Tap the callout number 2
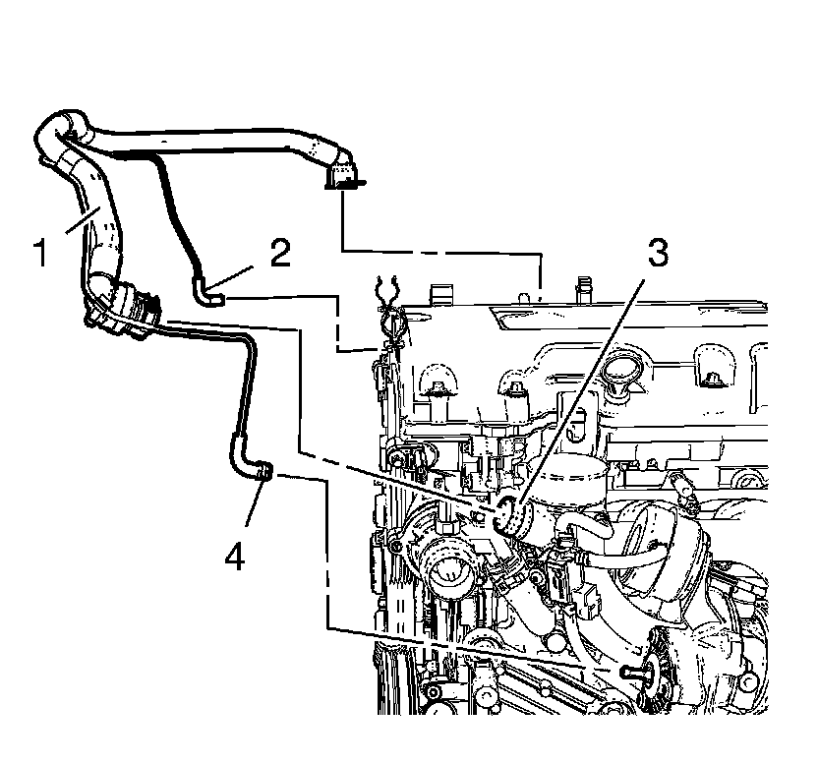pos(279,254)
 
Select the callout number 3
pos(656,253)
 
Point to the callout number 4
pos(233,556)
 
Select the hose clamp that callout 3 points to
pos(508,513)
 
